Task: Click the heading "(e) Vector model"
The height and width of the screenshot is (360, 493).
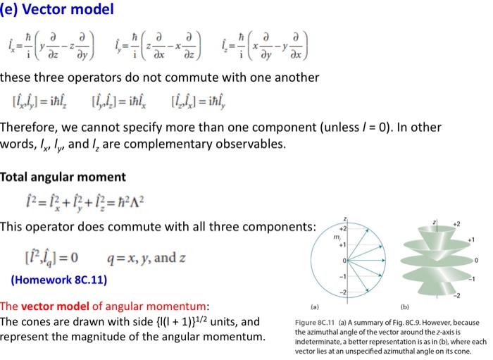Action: [x=56, y=11]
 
